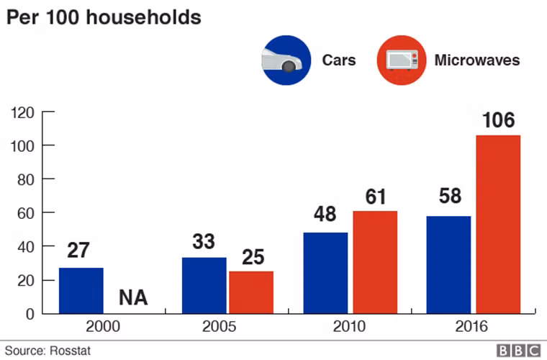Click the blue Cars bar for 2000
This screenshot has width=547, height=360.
[x=81, y=290]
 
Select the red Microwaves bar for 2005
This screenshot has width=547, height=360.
[x=251, y=292]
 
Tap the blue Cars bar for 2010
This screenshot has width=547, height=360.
[x=325, y=273]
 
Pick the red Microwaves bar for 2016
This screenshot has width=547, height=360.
[x=498, y=224]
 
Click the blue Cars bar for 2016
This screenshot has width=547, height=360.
[x=448, y=264]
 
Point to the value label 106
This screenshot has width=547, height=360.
[x=498, y=120]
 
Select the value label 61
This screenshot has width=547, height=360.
[x=375, y=196]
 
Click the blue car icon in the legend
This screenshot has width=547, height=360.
[x=286, y=60]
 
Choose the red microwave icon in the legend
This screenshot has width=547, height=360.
[x=400, y=60]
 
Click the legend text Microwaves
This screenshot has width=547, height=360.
[x=476, y=60]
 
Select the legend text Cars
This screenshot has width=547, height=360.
[x=338, y=60]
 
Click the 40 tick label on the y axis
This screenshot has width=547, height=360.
[x=25, y=246]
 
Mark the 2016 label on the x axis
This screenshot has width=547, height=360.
[x=471, y=327]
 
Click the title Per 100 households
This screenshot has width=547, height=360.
[x=104, y=17]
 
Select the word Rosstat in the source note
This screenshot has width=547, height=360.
[x=71, y=351]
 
